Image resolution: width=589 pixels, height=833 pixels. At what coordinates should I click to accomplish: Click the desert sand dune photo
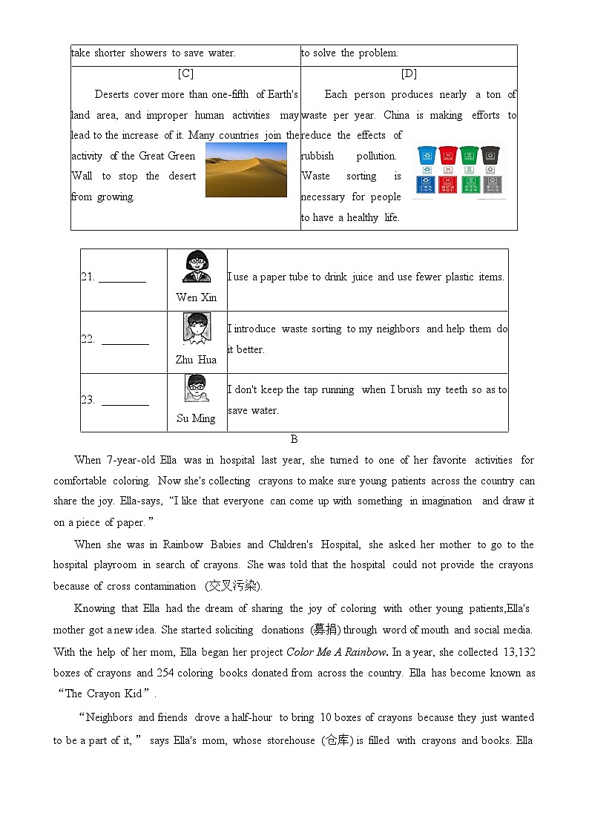click(x=246, y=170)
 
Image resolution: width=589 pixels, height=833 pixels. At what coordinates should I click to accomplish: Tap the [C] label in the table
click(x=185, y=73)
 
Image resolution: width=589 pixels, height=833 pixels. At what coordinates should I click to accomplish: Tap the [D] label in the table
click(x=409, y=73)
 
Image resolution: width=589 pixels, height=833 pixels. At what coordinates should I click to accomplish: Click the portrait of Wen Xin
click(x=197, y=267)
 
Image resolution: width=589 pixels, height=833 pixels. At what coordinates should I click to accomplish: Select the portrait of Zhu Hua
click(x=196, y=329)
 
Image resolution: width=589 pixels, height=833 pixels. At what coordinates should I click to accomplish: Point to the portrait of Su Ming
click(x=196, y=389)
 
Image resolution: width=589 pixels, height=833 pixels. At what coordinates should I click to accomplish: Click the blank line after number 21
click(x=122, y=277)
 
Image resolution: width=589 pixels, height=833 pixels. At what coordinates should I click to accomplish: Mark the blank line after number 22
click(x=125, y=340)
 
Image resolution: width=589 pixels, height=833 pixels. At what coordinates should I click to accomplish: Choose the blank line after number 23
click(x=125, y=401)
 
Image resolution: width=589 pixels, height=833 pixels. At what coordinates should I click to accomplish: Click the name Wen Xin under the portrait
click(x=197, y=297)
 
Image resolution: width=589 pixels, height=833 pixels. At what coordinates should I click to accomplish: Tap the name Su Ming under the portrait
click(x=196, y=418)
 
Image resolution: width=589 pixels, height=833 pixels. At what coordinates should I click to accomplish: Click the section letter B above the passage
click(x=294, y=439)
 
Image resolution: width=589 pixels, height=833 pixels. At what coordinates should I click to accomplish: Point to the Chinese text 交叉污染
click(x=233, y=586)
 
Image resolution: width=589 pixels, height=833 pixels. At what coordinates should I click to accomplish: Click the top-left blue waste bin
click(x=427, y=155)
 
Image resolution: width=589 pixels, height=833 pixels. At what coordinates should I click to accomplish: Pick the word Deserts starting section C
click(x=111, y=94)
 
